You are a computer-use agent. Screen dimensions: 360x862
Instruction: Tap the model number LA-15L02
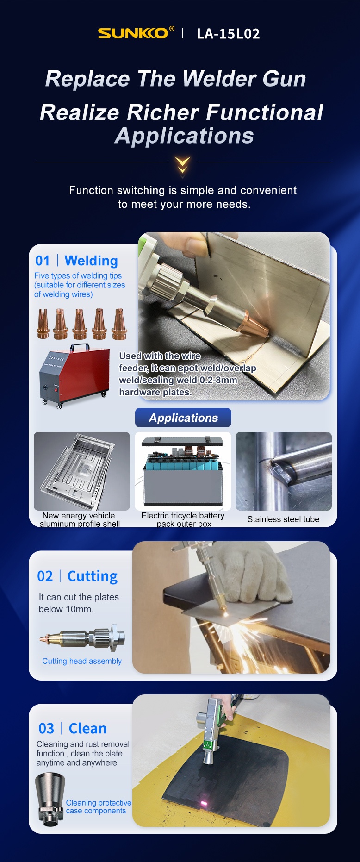(x=228, y=34)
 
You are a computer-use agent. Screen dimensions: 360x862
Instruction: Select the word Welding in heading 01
(x=91, y=261)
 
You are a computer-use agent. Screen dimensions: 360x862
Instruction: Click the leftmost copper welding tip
(x=43, y=324)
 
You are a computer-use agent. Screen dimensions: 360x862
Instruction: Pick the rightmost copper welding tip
(x=119, y=324)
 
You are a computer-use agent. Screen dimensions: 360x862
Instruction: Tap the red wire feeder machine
(x=74, y=376)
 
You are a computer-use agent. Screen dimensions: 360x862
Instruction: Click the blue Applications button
(x=183, y=418)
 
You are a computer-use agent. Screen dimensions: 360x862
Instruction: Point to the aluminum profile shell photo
(x=82, y=471)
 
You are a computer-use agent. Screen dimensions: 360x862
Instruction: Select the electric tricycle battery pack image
(x=183, y=471)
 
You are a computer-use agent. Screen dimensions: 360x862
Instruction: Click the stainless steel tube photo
(x=284, y=471)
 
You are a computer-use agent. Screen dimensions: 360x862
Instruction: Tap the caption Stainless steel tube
(x=283, y=519)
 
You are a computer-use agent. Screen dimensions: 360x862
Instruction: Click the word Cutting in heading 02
(x=93, y=576)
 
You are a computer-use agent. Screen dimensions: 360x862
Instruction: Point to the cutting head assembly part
(x=82, y=637)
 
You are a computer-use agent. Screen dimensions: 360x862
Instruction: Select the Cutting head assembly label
(x=82, y=661)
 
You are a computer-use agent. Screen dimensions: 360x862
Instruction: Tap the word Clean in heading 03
(x=87, y=728)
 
